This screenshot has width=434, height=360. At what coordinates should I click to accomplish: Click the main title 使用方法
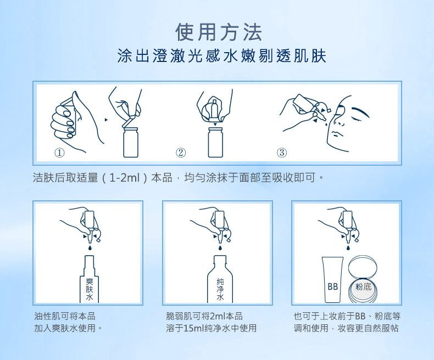219,32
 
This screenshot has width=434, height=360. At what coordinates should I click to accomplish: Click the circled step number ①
59,153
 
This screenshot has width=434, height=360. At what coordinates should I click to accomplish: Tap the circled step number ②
181,153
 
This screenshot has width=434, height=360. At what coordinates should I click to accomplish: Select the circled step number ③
282,153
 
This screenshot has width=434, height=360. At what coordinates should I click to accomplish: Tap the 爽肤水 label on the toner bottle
90,289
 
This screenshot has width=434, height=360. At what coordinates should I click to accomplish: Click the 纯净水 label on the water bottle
220,289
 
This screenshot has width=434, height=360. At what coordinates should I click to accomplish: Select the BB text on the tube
332,286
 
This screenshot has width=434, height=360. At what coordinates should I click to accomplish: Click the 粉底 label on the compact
363,286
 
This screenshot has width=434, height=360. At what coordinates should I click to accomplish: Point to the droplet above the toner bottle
90,247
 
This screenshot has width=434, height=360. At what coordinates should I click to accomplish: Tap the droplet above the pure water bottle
220,247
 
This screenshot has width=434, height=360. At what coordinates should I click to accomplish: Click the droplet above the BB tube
348,247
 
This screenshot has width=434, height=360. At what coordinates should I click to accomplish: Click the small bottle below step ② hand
215,142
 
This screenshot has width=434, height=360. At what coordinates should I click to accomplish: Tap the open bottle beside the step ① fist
130,142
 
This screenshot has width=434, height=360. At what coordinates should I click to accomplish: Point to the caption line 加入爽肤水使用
68,328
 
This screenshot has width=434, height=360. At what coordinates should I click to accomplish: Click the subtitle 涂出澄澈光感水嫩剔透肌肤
222,56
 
